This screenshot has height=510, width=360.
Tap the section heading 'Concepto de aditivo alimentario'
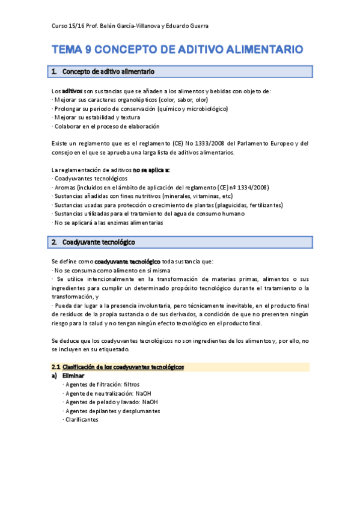(x=109, y=72)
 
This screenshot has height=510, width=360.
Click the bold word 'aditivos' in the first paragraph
(x=73, y=91)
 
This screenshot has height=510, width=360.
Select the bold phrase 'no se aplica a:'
(x=151, y=170)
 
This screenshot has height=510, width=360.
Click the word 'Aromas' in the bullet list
(x=67, y=188)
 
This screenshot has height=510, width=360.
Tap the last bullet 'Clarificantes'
(x=82, y=420)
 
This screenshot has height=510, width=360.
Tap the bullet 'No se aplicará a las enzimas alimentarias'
(x=108, y=223)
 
